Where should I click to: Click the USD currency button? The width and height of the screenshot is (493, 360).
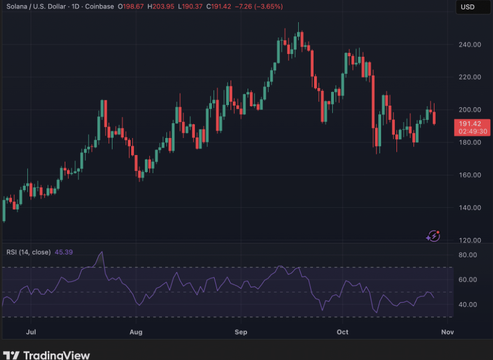[x=467, y=7]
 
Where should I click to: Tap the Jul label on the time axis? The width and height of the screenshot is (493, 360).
[x=31, y=330]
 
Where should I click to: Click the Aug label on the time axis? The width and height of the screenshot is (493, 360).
[x=135, y=330]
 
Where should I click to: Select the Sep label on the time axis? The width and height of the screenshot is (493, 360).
[x=241, y=330]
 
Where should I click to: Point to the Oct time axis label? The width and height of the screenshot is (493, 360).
[x=342, y=330]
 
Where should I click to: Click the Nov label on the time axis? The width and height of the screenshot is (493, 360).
[x=447, y=330]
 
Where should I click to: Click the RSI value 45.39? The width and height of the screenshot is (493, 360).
[x=63, y=252]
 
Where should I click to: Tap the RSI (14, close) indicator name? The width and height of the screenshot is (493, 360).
[x=28, y=252]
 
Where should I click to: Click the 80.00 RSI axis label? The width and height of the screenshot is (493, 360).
[x=467, y=255]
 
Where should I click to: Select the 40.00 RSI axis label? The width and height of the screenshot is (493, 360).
[x=467, y=305]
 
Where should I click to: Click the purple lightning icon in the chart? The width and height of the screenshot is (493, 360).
[x=433, y=235]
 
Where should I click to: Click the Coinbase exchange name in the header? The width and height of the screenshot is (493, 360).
[x=99, y=6]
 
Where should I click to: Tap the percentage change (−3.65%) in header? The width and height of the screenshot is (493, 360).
[x=267, y=6]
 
